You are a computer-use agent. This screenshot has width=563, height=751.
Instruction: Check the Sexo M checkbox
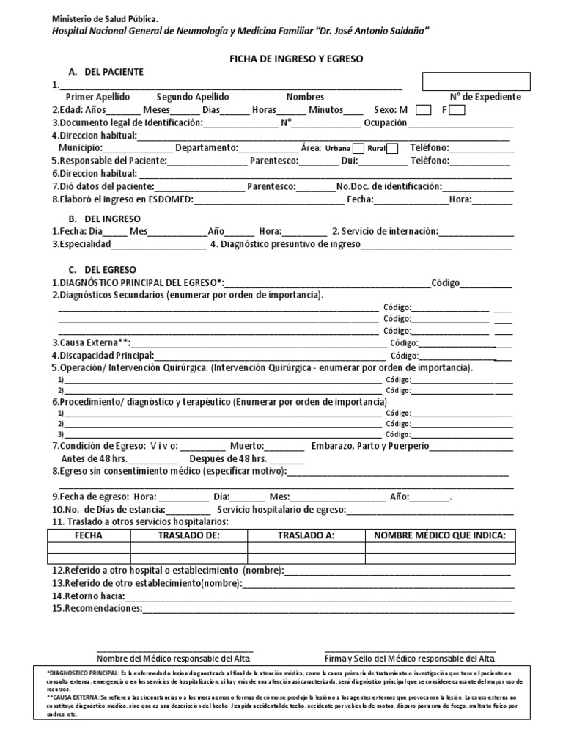pyautogui.click(x=423, y=110)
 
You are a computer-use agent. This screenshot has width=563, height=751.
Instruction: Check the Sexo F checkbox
pyautogui.click(x=457, y=110)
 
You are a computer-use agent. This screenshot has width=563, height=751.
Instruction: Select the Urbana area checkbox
pyautogui.click(x=358, y=148)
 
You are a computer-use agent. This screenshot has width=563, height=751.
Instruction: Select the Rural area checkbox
pyautogui.click(x=393, y=148)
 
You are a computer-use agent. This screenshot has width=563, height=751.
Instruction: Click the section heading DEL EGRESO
pyautogui.click(x=110, y=270)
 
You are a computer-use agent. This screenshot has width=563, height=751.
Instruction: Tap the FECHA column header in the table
pyautogui.click(x=89, y=535)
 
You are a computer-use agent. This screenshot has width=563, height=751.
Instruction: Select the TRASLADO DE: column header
pyautogui.click(x=189, y=535)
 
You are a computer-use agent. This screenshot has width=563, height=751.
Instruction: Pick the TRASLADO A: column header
pyautogui.click(x=306, y=535)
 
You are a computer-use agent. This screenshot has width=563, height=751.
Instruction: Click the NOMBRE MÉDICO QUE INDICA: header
pyautogui.click(x=440, y=535)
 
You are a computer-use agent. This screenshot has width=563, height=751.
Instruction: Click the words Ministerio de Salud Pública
pyautogui.click(x=104, y=17)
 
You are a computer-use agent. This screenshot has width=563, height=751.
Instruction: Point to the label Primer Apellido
pyautogui.click(x=97, y=97)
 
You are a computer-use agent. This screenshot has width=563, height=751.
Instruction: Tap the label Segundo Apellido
pyautogui.click(x=193, y=97)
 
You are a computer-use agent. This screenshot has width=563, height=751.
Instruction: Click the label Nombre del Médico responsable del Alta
pyautogui.click(x=174, y=657)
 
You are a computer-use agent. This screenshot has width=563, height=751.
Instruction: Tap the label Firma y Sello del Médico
pyautogui.click(x=410, y=657)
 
